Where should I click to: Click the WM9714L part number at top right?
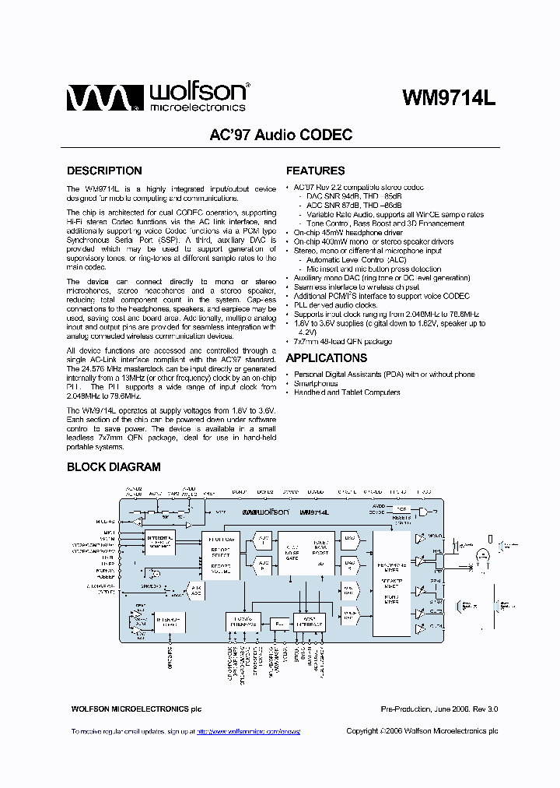coord(449,98)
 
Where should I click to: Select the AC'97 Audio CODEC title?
coord(281,135)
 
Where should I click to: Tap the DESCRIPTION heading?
coord(104,171)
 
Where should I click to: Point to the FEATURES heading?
coord(315,171)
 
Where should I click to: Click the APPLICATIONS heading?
coord(327,358)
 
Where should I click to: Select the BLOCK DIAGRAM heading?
coord(114,467)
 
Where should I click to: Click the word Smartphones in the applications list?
coord(315,383)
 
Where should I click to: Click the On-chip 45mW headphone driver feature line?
coord(348,233)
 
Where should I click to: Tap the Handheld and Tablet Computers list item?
coord(347,392)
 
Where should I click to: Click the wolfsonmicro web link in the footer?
coord(248,732)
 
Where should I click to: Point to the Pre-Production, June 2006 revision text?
coord(439,709)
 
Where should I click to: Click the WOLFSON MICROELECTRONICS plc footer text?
coord(136,709)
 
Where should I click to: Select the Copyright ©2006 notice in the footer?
coord(422,731)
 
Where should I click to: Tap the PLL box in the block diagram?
coord(278,623)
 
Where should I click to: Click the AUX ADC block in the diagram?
coord(196,590)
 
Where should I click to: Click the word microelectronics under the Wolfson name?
coord(198,107)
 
